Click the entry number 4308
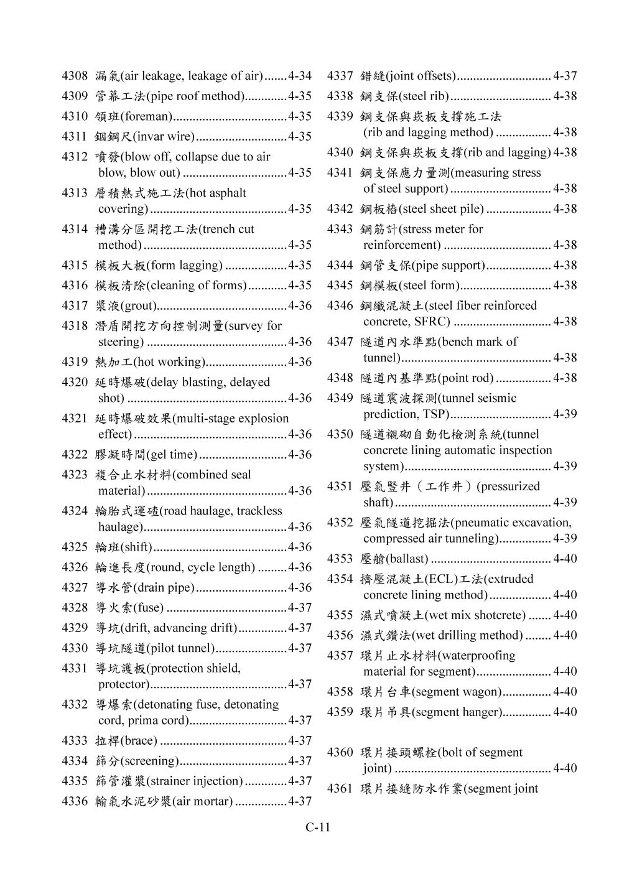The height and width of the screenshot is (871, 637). click(x=74, y=77)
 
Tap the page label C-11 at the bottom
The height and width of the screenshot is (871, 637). click(x=318, y=827)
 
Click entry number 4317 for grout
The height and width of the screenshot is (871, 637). click(x=74, y=305)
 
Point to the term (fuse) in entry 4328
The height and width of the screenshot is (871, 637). click(x=149, y=608)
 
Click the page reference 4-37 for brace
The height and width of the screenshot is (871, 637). click(x=300, y=741)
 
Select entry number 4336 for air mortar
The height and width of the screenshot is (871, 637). click(x=74, y=801)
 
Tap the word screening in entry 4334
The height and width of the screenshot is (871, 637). click(x=150, y=761)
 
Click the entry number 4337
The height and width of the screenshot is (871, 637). click(x=340, y=77)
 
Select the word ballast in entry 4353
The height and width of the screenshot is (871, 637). click(x=407, y=559)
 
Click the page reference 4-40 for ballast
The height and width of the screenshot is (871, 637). click(x=565, y=559)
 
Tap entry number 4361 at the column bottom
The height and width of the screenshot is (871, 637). click(x=340, y=789)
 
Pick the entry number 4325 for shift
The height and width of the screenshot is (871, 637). click(x=74, y=547)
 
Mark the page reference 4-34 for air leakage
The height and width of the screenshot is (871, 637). click(x=300, y=77)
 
